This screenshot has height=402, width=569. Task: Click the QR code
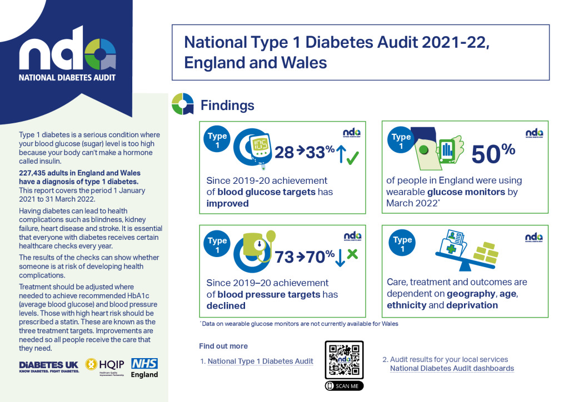tap(345, 360)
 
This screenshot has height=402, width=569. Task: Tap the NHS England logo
tap(144, 368)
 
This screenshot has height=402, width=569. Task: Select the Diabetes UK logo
tap(49, 367)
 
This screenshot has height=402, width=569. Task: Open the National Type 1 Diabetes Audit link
tap(261, 361)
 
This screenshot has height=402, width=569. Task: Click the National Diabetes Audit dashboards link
tap(452, 368)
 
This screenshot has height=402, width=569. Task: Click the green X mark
tap(352, 255)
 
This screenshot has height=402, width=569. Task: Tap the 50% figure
tap(493, 153)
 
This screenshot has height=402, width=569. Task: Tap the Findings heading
tap(227, 105)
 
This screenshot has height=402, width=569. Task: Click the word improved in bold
tap(227, 203)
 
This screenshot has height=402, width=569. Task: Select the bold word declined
tap(226, 306)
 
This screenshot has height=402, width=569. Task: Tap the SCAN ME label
tap(345, 386)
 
